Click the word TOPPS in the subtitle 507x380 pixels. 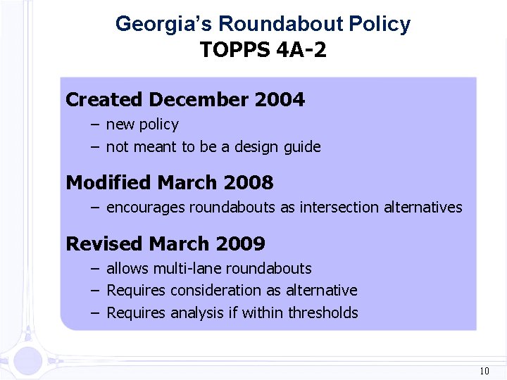(230, 51)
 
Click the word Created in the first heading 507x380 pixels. (104, 100)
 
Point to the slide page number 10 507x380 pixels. (484, 371)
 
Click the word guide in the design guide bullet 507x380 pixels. (302, 147)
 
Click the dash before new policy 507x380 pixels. (94, 125)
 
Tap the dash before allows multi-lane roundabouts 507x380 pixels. (94, 268)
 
